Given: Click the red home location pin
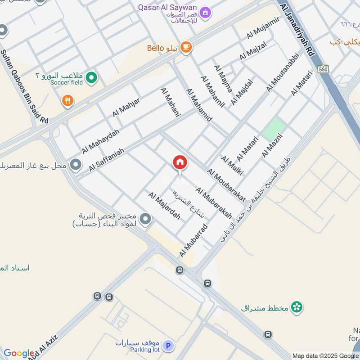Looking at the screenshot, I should pos(180,163).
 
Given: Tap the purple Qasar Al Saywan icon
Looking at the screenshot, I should pos(205,12).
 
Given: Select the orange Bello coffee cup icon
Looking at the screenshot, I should pos(186,46).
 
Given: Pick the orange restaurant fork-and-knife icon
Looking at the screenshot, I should pos(67,101).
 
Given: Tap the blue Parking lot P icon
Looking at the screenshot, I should pos(169,346).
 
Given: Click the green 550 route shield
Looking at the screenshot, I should pos(323,69).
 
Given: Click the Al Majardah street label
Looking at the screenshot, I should pos(164,206).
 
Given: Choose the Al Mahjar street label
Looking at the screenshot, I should pos(126,107).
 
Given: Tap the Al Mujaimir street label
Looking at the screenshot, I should pos(263,27).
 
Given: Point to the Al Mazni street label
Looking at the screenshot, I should pos(272,145).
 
